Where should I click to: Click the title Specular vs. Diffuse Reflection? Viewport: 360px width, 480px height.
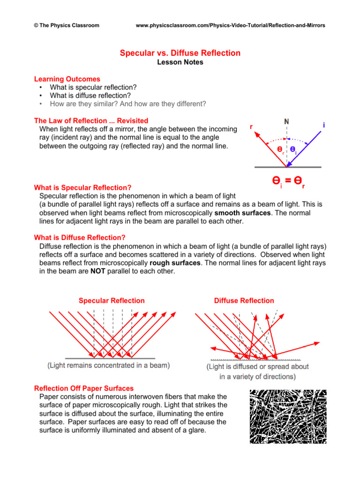(180, 53)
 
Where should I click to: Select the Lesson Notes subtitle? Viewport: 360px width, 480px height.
(180, 62)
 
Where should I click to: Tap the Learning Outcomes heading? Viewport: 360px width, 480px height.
(67, 79)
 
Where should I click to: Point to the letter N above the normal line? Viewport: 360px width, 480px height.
(286, 121)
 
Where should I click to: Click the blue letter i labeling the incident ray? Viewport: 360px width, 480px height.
(324, 125)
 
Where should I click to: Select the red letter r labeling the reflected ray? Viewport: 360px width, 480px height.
(251, 127)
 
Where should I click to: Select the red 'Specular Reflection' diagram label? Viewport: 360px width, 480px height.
(112, 300)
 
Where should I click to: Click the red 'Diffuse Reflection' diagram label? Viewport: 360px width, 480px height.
(244, 300)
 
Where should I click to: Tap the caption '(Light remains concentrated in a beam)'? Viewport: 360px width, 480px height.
(108, 365)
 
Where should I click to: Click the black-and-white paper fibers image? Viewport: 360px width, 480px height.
(288, 416)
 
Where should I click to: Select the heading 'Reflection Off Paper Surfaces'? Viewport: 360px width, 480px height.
(84, 388)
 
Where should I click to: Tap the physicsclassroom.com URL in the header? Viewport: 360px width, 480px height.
(230, 25)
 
